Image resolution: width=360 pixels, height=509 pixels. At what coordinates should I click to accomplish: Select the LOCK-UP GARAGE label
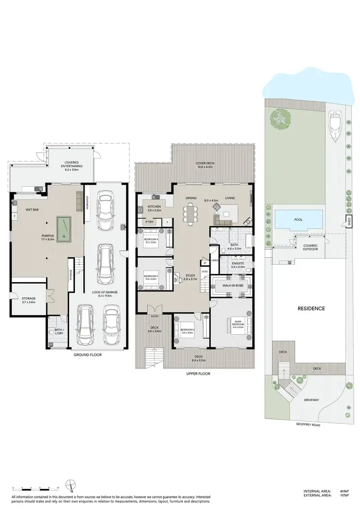point(101,292)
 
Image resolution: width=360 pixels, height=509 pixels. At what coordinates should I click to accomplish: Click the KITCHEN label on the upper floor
point(154,206)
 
